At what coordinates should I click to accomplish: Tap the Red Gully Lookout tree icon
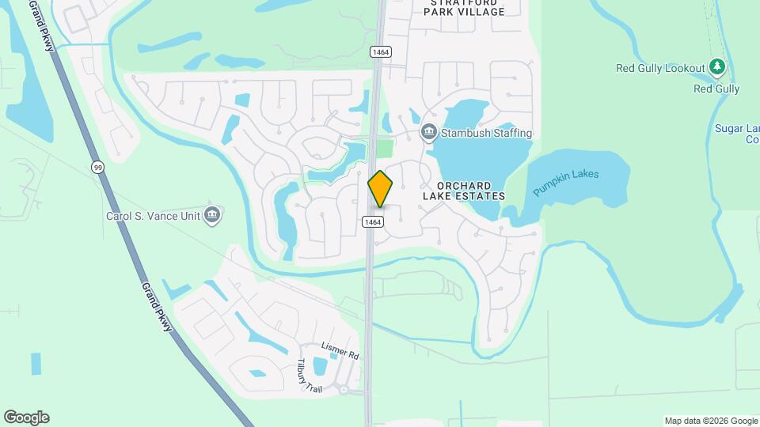716,67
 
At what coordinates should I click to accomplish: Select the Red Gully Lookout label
660,69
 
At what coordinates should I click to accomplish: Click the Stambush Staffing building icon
429,131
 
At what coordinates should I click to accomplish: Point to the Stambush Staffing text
486,133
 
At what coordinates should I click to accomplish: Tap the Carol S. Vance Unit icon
211,214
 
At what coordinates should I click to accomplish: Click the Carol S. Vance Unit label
154,215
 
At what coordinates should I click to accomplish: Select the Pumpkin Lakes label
565,183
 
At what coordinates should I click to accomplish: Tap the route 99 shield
97,167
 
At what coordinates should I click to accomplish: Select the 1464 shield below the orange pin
374,222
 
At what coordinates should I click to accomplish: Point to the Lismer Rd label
340,350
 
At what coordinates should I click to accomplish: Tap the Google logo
26,418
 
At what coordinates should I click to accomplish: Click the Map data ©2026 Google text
711,421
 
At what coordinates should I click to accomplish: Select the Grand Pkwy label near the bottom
158,308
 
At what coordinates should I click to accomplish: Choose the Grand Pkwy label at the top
41,25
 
